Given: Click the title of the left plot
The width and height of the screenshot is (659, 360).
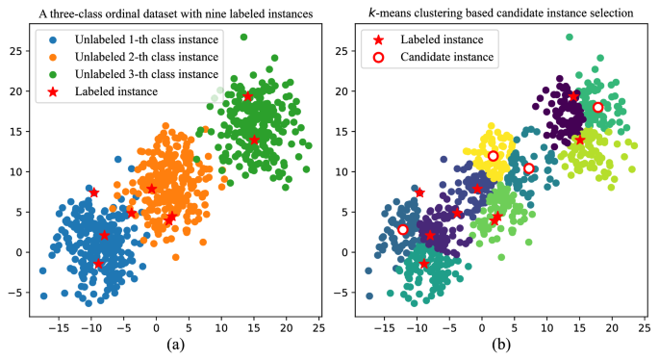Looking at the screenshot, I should click(x=173, y=13).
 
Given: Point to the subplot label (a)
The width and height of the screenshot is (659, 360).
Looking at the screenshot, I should click(x=173, y=344).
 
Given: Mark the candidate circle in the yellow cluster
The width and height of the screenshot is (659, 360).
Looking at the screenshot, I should click(x=493, y=156).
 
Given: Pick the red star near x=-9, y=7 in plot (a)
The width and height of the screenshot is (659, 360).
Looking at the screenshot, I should click(x=94, y=193).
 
